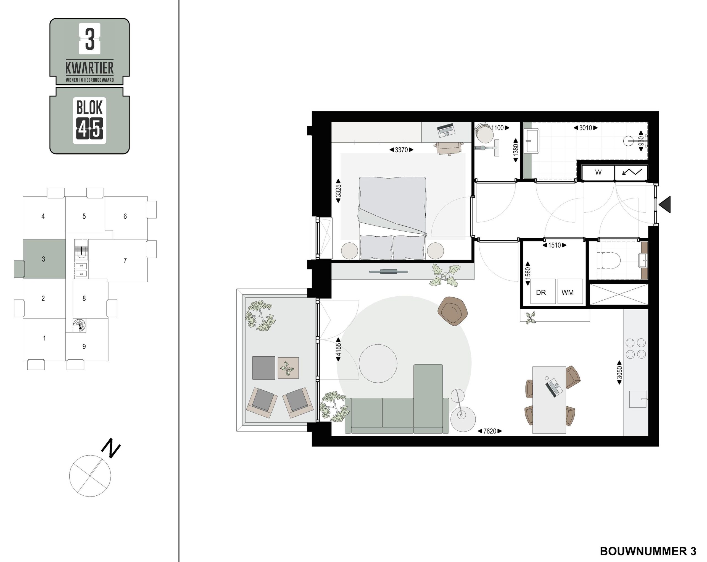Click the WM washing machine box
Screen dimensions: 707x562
pos(570,291)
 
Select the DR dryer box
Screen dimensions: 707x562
pos(543,291)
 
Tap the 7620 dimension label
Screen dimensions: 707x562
pos(490,431)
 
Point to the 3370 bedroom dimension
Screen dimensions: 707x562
pos(401,150)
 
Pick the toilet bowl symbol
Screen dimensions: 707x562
pos(611,260)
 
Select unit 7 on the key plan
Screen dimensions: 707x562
pos(125,260)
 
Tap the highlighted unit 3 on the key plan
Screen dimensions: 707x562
pos(44,259)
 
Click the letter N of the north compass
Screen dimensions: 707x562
pos(110,448)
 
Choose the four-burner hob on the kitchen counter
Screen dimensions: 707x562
pos(636,349)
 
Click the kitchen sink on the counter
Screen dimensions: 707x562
pos(638,399)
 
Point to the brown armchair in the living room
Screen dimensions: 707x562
pos(453,311)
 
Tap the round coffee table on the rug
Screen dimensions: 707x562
pos(378,364)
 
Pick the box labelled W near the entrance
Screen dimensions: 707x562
pos(598,172)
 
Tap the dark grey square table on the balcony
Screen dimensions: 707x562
pos(264,368)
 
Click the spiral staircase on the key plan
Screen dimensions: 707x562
pos(79,326)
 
